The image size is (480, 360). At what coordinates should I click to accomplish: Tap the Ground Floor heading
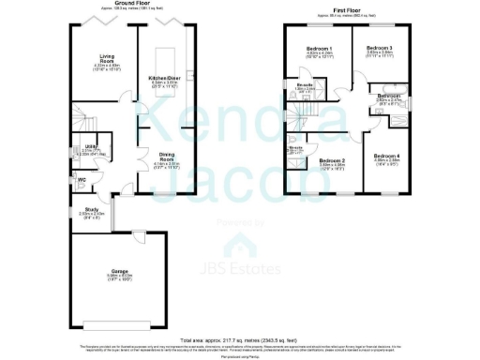(135, 4)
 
